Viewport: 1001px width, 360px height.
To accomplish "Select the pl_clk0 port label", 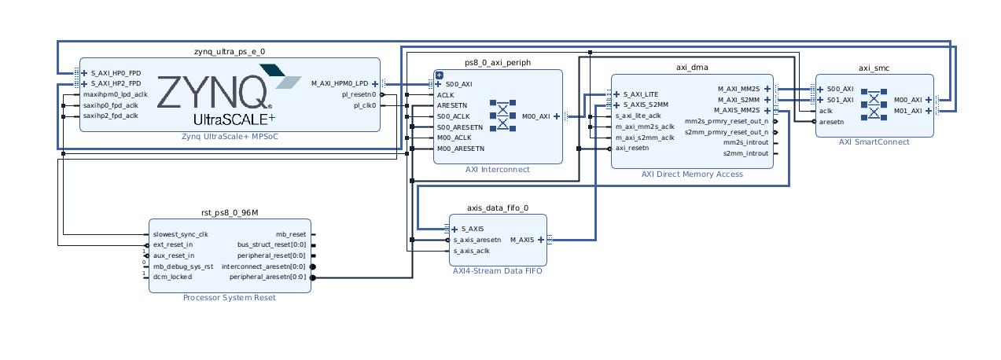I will coord(364,105).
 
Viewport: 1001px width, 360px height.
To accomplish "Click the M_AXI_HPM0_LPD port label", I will coord(340,83).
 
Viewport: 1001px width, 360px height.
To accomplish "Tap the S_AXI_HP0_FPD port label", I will coord(116,72).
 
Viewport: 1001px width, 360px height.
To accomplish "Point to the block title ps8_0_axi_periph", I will coord(498,62).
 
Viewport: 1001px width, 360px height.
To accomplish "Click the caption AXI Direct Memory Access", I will coord(692,174).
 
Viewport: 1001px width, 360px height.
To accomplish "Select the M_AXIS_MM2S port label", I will coord(737,111).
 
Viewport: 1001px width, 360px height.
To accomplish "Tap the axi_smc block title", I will coord(874,68).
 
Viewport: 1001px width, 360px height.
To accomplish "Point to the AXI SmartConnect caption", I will coord(874,142).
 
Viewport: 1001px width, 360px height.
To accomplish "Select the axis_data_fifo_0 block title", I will coord(498,208).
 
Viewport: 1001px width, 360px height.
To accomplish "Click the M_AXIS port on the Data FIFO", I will coord(522,240).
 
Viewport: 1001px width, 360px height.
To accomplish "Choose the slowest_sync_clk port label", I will coord(181,234).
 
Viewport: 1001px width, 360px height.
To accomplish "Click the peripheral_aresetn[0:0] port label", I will coord(267,277).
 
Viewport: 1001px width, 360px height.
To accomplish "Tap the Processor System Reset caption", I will coord(230,298).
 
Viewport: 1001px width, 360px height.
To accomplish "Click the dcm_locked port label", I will coord(172,277).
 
